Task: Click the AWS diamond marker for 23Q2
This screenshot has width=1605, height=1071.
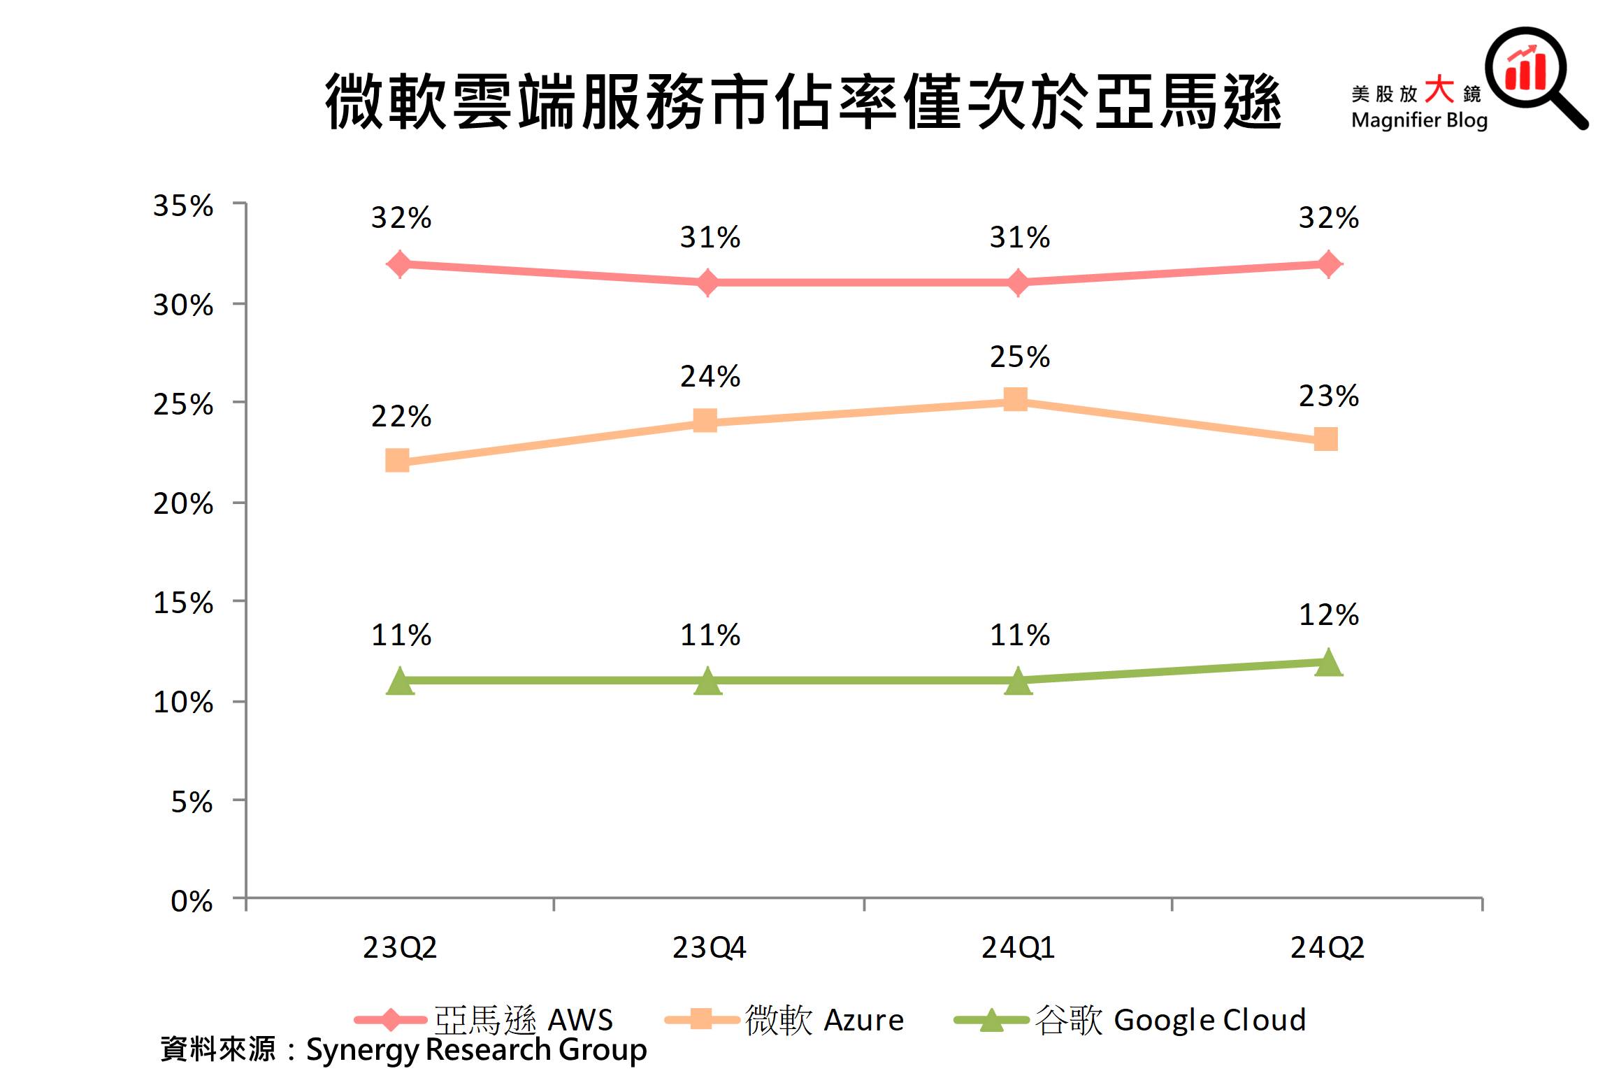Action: coord(399,264)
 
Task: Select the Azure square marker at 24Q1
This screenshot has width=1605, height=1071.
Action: coord(1015,400)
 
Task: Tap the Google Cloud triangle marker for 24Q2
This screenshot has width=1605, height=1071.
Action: coord(1327,663)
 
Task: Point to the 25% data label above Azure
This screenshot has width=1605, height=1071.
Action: coord(1019,357)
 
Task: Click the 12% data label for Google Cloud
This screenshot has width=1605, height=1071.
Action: coord(1328,615)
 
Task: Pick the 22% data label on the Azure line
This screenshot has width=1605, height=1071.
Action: coord(401,417)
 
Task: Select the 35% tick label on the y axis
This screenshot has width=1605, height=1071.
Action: coord(183,206)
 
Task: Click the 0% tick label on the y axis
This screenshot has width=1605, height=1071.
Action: coord(192,901)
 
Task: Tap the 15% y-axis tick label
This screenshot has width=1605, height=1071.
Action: coord(183,603)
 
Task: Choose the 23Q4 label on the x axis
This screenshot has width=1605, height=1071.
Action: coord(709,948)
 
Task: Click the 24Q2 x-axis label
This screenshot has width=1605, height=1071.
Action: coord(1327,948)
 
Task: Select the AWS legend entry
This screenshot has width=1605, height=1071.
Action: coord(484,1020)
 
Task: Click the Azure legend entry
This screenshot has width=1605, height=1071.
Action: coord(784,1020)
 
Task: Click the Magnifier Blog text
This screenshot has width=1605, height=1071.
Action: coord(1419,120)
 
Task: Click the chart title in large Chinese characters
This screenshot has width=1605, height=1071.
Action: coord(802,103)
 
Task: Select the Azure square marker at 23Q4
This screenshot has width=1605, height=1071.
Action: coord(705,421)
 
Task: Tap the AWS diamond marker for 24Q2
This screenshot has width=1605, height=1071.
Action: coord(1327,264)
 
